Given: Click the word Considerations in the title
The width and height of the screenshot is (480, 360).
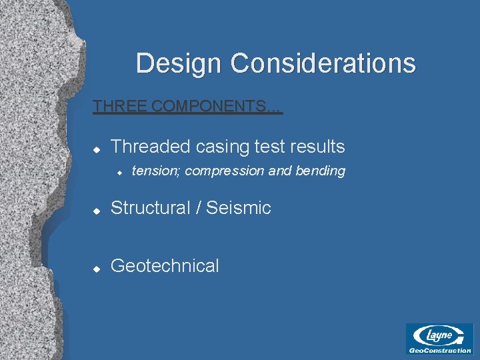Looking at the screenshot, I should click(x=323, y=64).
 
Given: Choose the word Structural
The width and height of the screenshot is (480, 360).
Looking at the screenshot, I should click(x=150, y=208).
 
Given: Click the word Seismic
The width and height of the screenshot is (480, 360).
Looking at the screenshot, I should click(x=239, y=208).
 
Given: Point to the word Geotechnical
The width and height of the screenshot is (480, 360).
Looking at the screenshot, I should click(x=165, y=266).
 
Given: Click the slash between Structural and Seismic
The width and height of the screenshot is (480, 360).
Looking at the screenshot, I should click(x=198, y=208).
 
